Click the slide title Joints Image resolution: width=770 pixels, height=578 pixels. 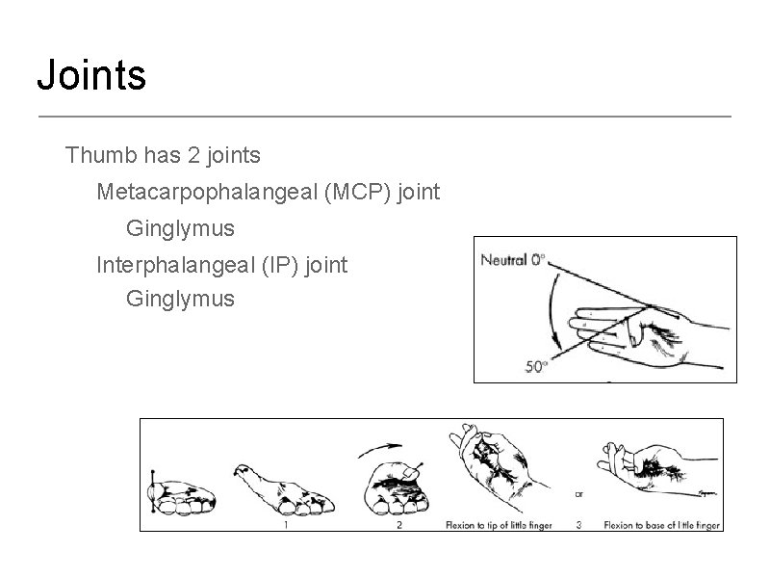pos(91,74)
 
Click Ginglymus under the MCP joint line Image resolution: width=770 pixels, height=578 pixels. pos(180,229)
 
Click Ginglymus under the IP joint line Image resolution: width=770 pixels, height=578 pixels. pos(180,299)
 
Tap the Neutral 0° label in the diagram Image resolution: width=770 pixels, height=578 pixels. pos(513,258)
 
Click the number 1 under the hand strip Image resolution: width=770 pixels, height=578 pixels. pos(287,525)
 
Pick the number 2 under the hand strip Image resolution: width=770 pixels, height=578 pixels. pos(398,525)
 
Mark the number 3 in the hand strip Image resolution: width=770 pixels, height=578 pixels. pos(577,525)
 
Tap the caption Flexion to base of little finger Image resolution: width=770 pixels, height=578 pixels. pos(661,525)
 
